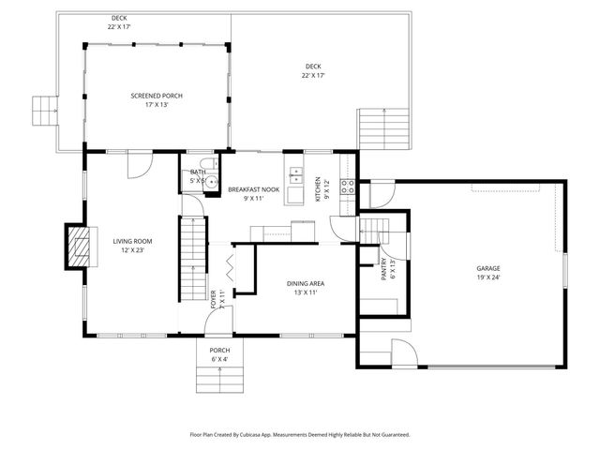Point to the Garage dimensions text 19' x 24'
click(489, 277)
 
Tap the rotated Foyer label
click(213, 299)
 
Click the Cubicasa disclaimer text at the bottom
click(300, 434)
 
